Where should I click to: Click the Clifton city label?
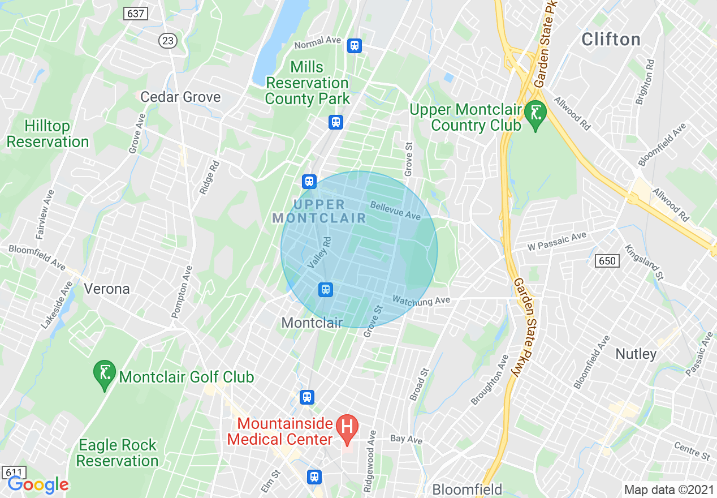pyautogui.click(x=611, y=40)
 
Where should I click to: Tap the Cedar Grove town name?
pyautogui.click(x=180, y=97)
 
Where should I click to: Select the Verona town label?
pyautogui.click(x=106, y=289)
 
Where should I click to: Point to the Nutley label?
pyautogui.click(x=636, y=354)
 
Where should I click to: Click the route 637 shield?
pyautogui.click(x=136, y=14)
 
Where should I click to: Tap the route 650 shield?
pyautogui.click(x=607, y=260)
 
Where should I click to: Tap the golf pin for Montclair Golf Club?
pyautogui.click(x=104, y=373)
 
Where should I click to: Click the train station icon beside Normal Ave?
pyautogui.click(x=355, y=45)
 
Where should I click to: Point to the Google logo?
pyautogui.click(x=38, y=484)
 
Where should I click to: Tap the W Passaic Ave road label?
pyautogui.click(x=556, y=241)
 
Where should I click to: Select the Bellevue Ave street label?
pyautogui.click(x=396, y=211)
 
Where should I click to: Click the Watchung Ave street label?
pyautogui.click(x=421, y=300)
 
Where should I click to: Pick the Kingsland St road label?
pyautogui.click(x=643, y=262)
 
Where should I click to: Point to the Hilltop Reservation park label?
pyautogui.click(x=47, y=134)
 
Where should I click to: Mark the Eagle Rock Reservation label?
pyautogui.click(x=117, y=453)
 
